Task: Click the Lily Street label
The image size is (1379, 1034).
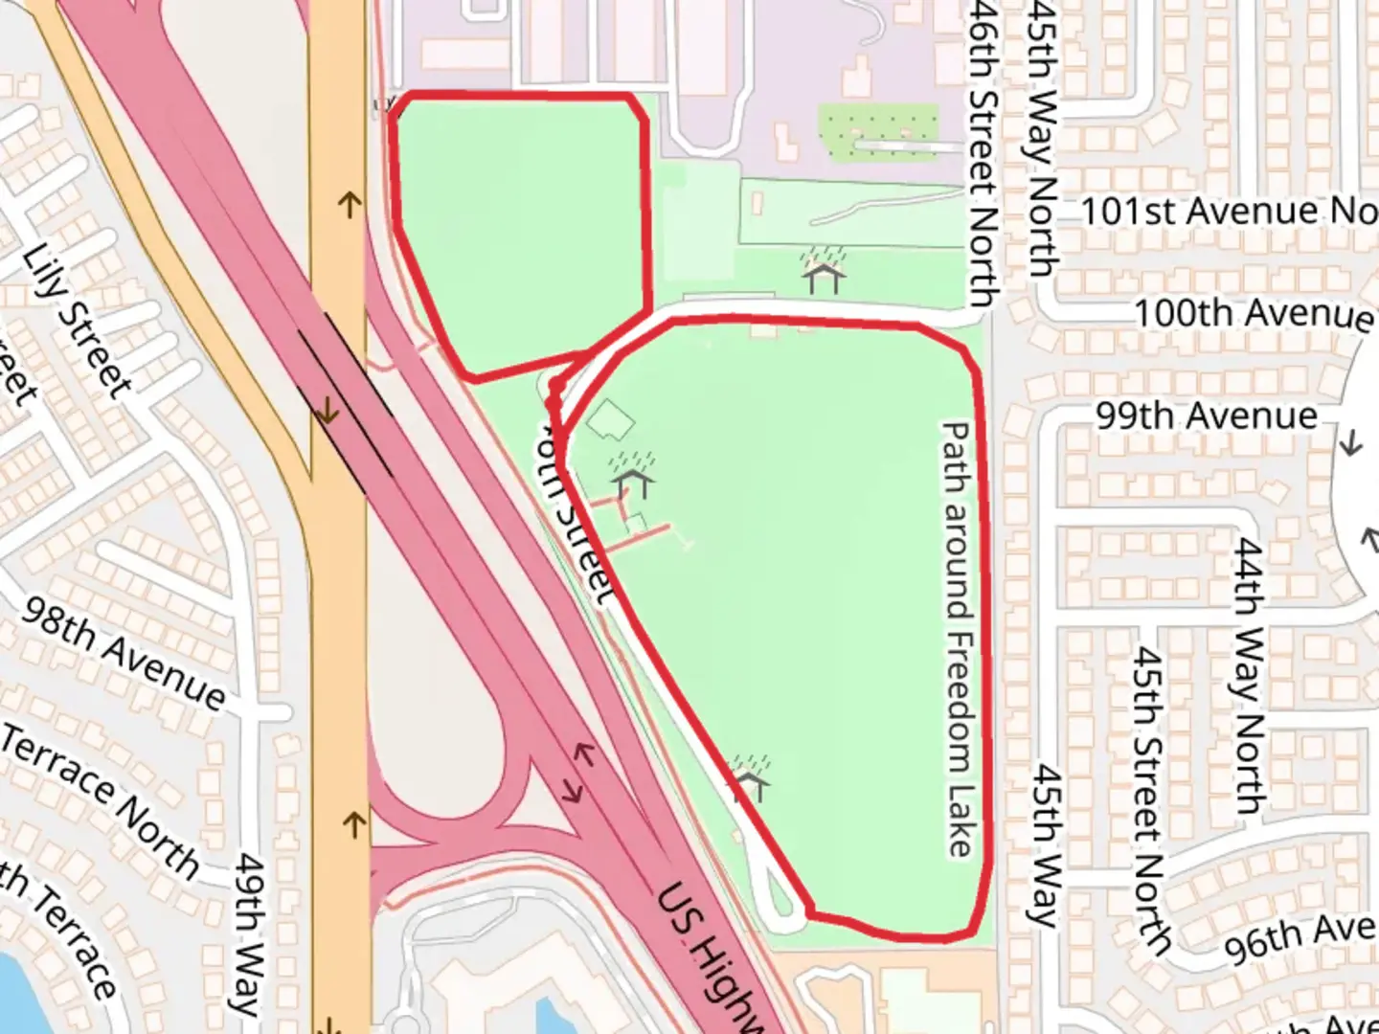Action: coord(77,321)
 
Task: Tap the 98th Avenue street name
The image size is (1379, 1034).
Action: coord(125,653)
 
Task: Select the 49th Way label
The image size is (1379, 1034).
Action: coord(249,933)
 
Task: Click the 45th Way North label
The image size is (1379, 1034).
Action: coord(1042,139)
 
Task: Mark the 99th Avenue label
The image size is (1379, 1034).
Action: coord(1207,416)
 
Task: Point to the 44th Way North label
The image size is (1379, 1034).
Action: coord(1249,675)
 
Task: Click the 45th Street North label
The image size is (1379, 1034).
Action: coord(1149,799)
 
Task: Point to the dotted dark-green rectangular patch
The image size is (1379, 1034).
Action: coord(878,132)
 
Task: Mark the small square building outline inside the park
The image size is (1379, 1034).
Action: coord(610,419)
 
